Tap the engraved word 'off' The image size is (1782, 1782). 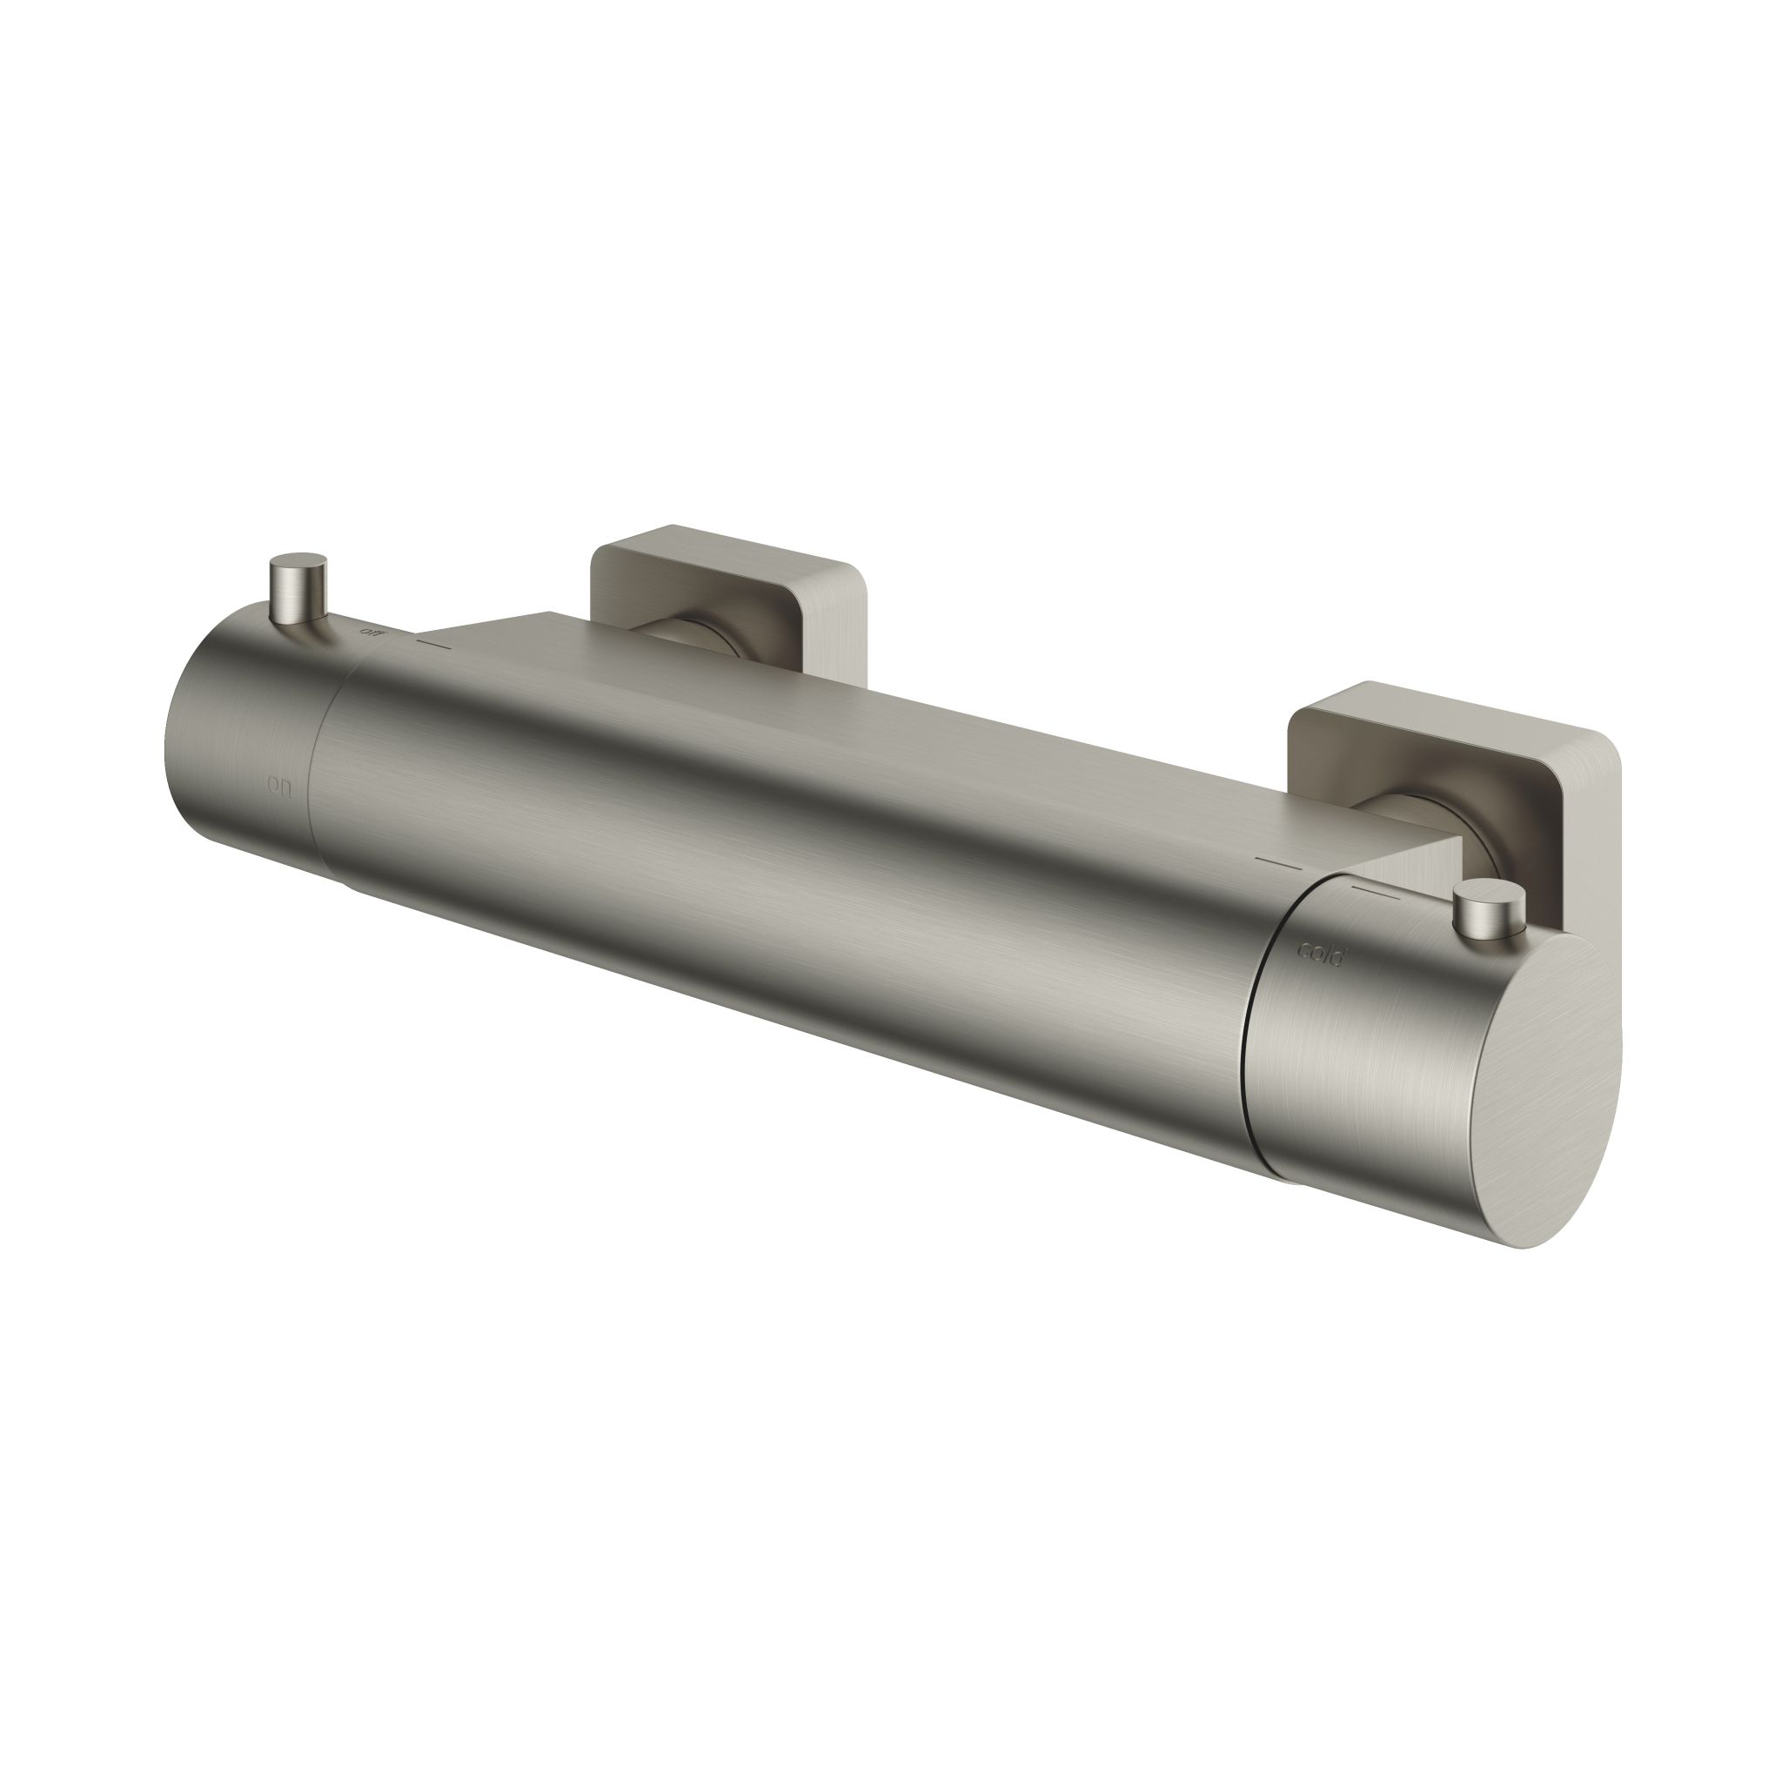coord(372,633)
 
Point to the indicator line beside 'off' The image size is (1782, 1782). coord(433,642)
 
